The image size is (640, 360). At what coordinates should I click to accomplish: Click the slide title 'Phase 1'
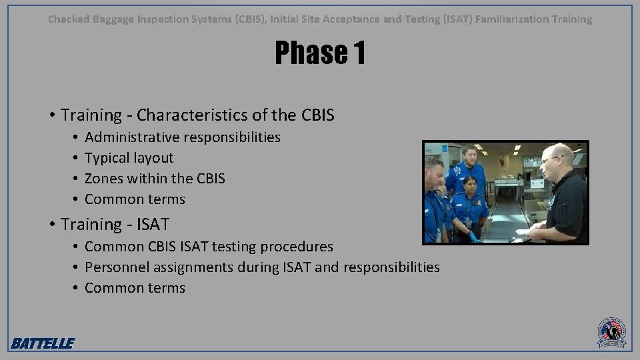click(x=320, y=53)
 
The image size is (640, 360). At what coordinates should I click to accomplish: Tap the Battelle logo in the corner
click(x=42, y=343)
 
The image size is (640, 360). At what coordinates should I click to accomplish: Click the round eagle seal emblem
click(x=611, y=332)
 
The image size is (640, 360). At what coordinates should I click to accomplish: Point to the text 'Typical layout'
click(x=129, y=158)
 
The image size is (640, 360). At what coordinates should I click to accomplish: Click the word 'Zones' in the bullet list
click(x=103, y=179)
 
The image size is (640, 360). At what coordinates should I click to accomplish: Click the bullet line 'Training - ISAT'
click(x=115, y=224)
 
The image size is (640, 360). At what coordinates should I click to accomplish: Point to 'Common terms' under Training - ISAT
click(x=135, y=288)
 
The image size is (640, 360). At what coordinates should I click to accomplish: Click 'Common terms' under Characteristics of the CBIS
click(x=135, y=199)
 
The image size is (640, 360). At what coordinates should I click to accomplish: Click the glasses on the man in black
click(x=551, y=159)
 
